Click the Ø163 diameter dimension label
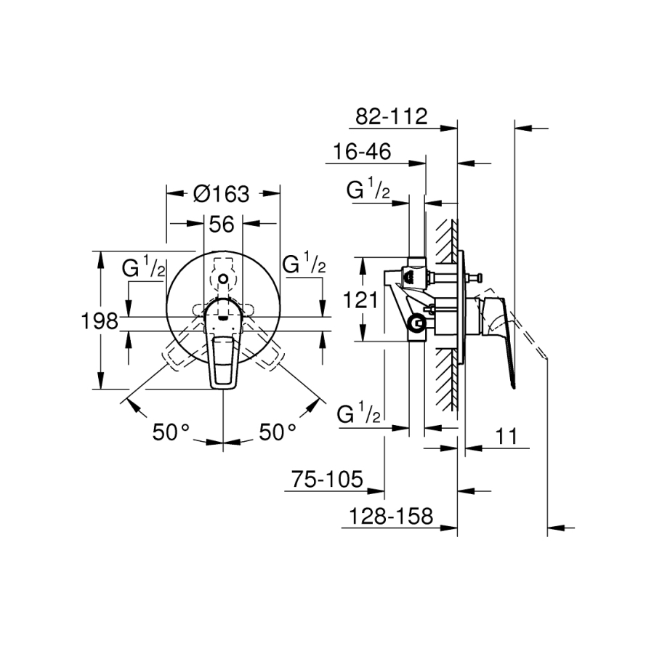click(x=221, y=194)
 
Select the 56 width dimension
click(x=222, y=225)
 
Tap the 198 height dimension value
click(x=100, y=321)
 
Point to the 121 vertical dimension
click(x=360, y=299)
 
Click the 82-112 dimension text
click(x=391, y=116)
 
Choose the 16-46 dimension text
click(x=362, y=151)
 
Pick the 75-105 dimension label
click(x=327, y=480)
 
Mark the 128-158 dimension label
click(x=391, y=517)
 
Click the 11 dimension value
click(x=506, y=436)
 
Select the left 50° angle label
click(x=171, y=432)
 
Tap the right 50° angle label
click(x=278, y=432)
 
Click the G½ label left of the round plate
click(x=143, y=267)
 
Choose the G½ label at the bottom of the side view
click(x=359, y=413)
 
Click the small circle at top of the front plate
click(x=223, y=278)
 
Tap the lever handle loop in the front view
click(x=223, y=363)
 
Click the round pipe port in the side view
click(x=417, y=323)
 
